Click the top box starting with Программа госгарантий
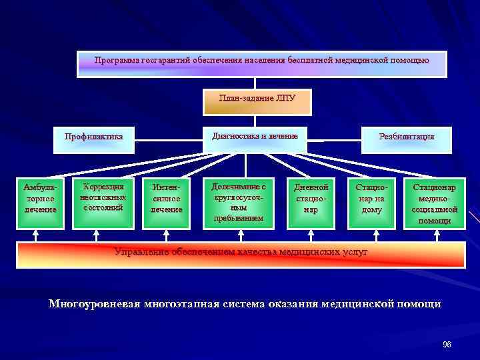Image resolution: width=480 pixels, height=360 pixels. [261, 63]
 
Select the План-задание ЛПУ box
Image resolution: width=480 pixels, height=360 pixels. [257, 100]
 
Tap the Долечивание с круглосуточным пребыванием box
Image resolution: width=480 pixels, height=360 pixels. [239, 202]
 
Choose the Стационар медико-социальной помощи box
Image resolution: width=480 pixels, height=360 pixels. [435, 202]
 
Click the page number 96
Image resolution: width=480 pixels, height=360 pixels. [447, 344]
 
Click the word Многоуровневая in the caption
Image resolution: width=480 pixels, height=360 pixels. [95, 304]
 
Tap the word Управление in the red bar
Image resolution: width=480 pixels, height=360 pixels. [141, 252]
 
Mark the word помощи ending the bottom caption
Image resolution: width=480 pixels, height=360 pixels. [421, 304]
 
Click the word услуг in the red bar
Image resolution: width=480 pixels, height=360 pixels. [354, 252]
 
